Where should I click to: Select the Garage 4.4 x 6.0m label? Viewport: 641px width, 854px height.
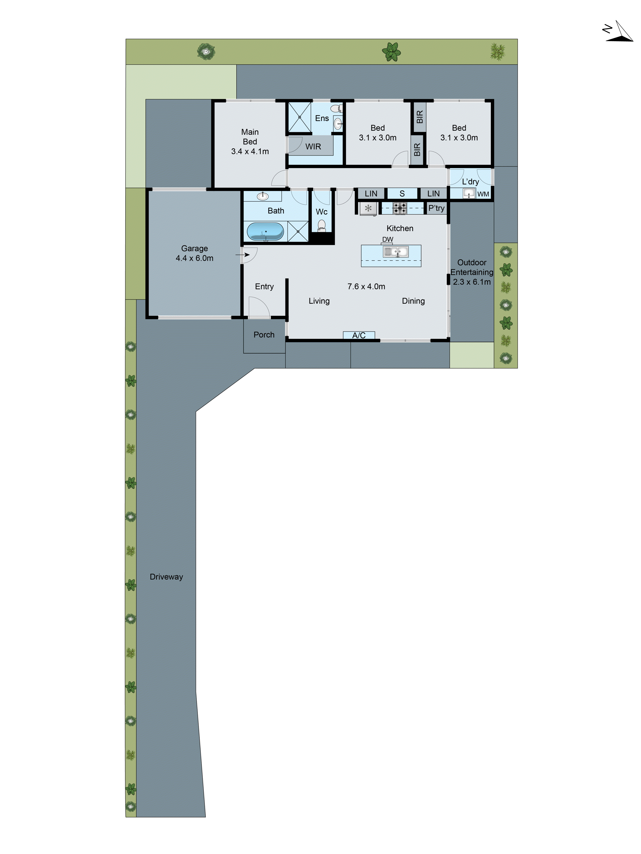click(194, 253)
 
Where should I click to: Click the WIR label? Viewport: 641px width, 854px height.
click(313, 147)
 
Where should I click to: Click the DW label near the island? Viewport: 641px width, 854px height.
click(388, 239)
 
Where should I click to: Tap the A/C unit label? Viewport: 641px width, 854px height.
click(359, 335)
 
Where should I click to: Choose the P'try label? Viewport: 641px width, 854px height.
click(436, 208)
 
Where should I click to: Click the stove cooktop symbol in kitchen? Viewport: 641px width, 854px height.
click(400, 208)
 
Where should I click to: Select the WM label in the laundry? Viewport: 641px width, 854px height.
click(483, 194)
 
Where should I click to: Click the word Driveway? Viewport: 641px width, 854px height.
click(166, 577)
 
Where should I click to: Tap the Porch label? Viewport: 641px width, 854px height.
click(264, 335)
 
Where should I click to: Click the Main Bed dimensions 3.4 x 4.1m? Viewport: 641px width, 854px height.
click(250, 151)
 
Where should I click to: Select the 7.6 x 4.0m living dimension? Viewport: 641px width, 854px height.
click(366, 286)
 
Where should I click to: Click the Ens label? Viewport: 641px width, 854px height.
click(322, 118)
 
